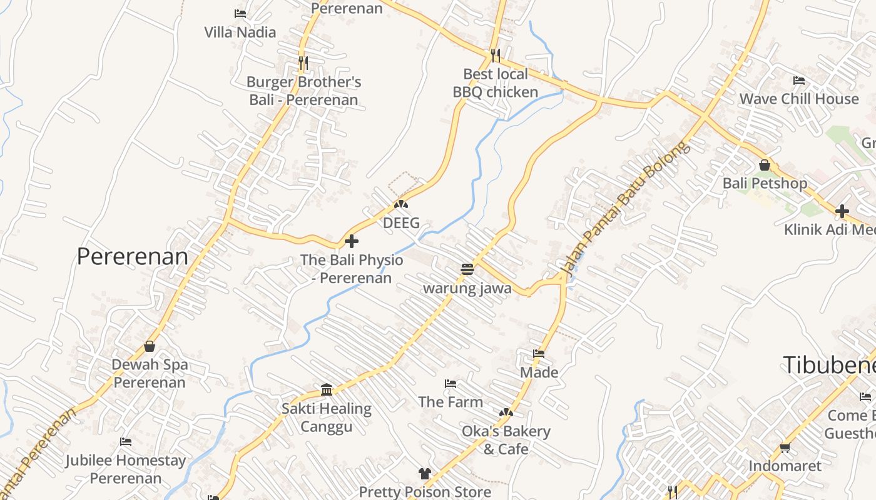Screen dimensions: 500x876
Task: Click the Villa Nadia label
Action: point(240,32)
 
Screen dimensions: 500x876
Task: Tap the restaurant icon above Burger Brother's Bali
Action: point(303,62)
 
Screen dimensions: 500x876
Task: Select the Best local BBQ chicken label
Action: point(496,83)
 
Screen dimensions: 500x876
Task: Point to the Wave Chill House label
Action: point(799,99)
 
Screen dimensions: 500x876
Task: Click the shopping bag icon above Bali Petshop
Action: point(765,165)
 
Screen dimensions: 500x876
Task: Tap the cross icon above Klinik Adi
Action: point(842,211)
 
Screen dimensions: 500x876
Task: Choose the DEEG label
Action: point(401,223)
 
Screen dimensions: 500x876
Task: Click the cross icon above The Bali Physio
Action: point(352,241)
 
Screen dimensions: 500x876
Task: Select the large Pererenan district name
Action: point(132,256)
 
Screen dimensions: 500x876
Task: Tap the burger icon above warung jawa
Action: point(467,269)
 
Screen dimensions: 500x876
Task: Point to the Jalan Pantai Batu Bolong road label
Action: point(626,209)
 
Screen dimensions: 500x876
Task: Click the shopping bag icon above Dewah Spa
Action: point(150,346)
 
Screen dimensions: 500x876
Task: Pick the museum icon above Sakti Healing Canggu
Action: point(327,390)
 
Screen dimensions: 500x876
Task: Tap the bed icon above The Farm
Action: point(451,383)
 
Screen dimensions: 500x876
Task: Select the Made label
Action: point(539,372)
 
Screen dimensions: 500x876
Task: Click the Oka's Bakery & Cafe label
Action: point(506,440)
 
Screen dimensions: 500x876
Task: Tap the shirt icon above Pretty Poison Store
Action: point(425,474)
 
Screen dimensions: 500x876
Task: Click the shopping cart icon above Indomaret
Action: point(785,447)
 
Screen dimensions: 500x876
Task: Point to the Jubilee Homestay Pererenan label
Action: point(126,469)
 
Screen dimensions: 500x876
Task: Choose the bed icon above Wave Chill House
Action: point(799,80)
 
